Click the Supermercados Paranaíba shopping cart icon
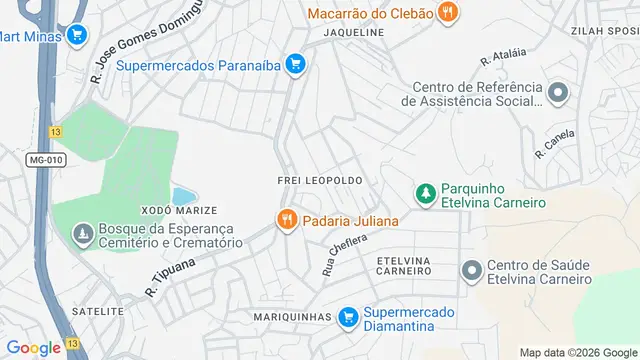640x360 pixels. (x=294, y=66)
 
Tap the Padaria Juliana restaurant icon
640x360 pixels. (x=286, y=220)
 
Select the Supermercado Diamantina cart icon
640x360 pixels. (x=348, y=317)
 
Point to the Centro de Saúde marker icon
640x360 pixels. (x=471, y=270)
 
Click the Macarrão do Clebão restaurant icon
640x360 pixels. (x=449, y=13)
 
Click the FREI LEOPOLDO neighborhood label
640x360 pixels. (x=319, y=179)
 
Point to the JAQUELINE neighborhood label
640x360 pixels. (x=353, y=32)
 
